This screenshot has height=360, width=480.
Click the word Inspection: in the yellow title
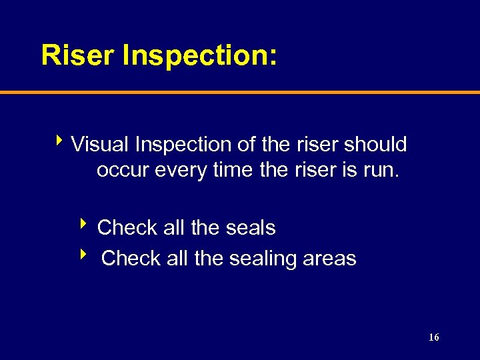click(x=199, y=55)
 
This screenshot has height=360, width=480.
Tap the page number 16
click(x=433, y=338)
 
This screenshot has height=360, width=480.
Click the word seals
click(x=249, y=228)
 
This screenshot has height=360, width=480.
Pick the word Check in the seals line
click(x=127, y=228)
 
